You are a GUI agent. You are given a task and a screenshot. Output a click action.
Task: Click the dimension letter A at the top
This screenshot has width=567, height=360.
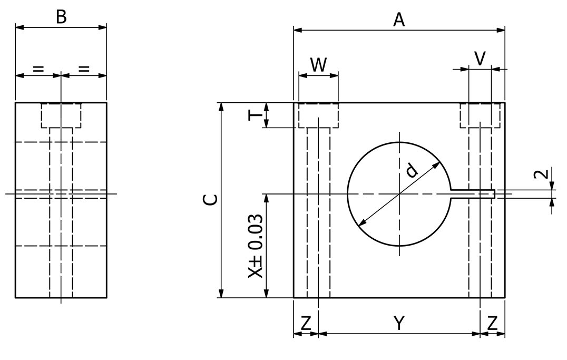pyautogui.click(x=399, y=20)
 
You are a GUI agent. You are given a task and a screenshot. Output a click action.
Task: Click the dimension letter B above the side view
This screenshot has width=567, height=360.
pyautogui.click(x=61, y=17)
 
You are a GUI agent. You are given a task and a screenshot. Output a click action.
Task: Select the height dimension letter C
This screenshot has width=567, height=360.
pyautogui.click(x=210, y=199)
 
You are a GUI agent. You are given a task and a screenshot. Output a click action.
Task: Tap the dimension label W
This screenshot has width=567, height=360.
pyautogui.click(x=318, y=64)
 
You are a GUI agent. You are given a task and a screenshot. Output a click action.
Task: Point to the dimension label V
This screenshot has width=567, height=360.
pyautogui.click(x=480, y=59)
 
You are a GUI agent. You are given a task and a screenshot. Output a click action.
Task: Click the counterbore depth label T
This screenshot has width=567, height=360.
pyautogui.click(x=253, y=115)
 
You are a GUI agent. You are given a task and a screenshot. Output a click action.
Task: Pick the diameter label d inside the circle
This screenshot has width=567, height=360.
pyautogui.click(x=412, y=170)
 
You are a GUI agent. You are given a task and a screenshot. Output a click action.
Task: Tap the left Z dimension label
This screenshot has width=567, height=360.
pyautogui.click(x=306, y=323)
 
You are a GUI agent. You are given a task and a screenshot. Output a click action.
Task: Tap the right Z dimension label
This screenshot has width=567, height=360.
pyautogui.click(x=492, y=323)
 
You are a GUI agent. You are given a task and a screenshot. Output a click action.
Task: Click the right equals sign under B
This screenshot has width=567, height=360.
pyautogui.click(x=84, y=68)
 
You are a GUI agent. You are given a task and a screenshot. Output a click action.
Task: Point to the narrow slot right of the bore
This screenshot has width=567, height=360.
pyautogui.click(x=472, y=194)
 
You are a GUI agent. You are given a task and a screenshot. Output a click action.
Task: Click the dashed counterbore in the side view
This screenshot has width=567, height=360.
pyautogui.click(x=61, y=115)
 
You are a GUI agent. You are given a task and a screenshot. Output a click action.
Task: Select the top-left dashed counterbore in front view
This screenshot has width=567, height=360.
pyautogui.click(x=318, y=115)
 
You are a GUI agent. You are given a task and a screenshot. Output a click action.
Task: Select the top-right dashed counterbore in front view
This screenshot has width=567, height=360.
pyautogui.click(x=480, y=115)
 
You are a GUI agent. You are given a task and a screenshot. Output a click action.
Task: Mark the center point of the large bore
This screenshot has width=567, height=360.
pyautogui.click(x=399, y=194)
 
